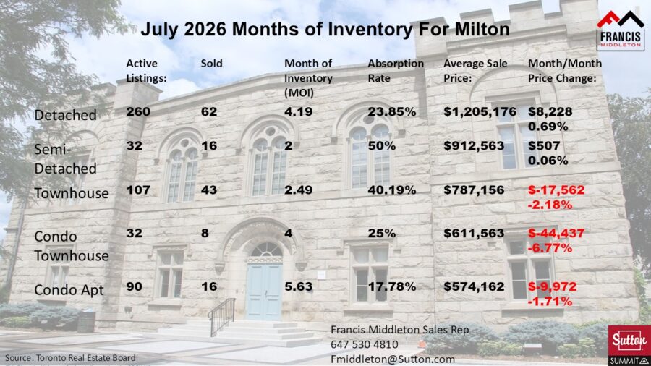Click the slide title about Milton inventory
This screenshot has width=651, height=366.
[x=325, y=29]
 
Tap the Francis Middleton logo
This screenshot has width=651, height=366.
[x=621, y=30]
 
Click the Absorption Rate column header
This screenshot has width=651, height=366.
[x=396, y=71]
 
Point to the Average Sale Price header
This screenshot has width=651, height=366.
[x=475, y=71]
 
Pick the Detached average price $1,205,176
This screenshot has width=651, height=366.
[x=480, y=111]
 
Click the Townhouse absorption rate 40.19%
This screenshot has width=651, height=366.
[x=391, y=190]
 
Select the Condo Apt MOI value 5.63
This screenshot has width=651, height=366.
[x=298, y=286]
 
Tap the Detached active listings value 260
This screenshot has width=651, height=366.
[x=138, y=111]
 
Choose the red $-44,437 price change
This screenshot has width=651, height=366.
[x=556, y=233]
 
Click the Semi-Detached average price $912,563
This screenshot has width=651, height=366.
[x=474, y=145]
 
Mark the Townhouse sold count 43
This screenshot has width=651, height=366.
[x=209, y=190]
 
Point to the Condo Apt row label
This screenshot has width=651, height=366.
[x=69, y=289]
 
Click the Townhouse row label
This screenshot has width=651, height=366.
[x=72, y=193]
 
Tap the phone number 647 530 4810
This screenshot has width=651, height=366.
[x=365, y=344]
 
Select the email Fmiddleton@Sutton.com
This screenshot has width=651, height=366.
[x=393, y=359]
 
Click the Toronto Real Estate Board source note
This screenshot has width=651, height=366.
[x=70, y=358]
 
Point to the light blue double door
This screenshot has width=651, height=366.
[x=263, y=291]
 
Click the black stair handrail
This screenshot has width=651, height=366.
[x=221, y=315]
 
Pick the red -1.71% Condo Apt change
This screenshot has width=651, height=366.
[x=550, y=302]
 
